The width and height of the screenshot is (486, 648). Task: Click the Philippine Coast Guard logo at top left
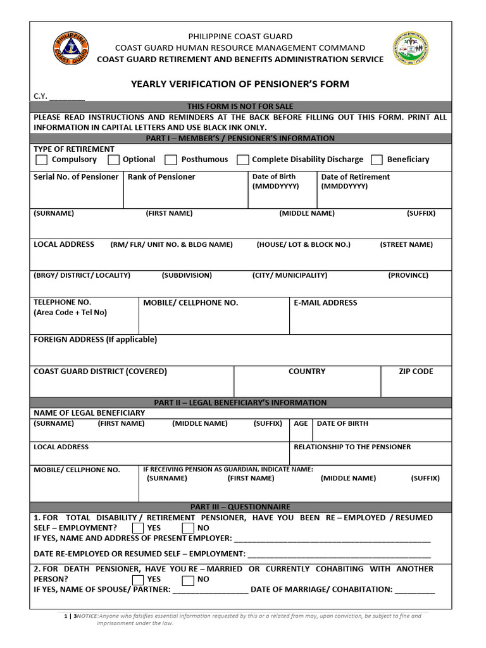tap(71, 51)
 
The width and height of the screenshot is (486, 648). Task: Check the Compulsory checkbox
tap(41, 160)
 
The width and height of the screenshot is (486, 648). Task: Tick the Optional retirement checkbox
tap(114, 160)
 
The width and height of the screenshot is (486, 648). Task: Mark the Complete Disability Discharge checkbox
tap(242, 160)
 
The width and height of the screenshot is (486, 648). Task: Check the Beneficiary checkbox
tap(377, 160)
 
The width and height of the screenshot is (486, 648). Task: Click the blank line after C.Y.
tap(66, 97)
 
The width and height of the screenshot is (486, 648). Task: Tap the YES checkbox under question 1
tap(138, 528)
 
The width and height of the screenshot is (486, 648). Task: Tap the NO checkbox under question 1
tap(188, 528)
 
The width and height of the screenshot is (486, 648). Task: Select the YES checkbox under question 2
tap(138, 579)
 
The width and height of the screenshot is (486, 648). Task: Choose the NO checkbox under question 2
tap(188, 579)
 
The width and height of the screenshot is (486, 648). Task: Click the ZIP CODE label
tap(416, 371)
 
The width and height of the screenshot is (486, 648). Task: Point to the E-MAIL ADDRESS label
tap(325, 303)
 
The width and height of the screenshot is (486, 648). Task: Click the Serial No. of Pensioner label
tap(76, 177)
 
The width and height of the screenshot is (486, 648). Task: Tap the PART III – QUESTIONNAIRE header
tap(240, 507)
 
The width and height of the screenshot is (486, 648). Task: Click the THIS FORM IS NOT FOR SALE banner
tap(240, 106)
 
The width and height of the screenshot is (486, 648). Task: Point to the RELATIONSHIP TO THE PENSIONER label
tap(352, 447)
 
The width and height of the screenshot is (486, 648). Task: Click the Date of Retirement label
tap(355, 177)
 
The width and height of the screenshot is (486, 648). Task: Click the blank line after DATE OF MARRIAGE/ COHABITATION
tap(414, 590)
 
